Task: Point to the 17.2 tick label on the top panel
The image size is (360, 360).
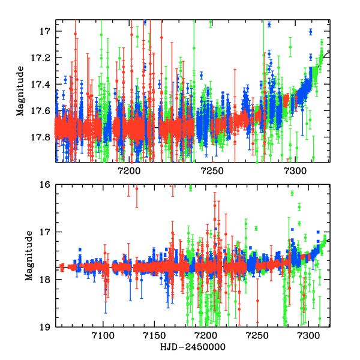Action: pyautogui.click(x=42, y=58)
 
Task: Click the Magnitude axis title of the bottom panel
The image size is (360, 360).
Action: pyautogui.click(x=28, y=256)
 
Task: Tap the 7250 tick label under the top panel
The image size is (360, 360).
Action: pyautogui.click(x=213, y=171)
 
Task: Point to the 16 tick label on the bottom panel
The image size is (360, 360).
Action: pyautogui.click(x=44, y=185)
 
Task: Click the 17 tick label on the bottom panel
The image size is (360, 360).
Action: pyautogui.click(x=44, y=232)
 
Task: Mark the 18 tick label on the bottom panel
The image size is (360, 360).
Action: pyautogui.click(x=44, y=280)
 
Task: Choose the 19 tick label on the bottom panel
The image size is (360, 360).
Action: pyautogui.click(x=44, y=327)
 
